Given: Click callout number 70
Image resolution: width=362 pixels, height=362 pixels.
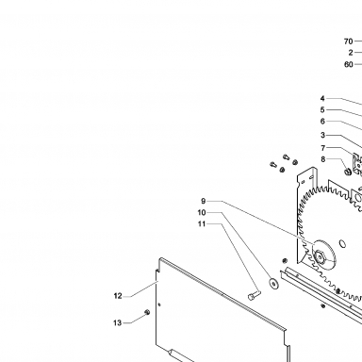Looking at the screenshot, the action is (348, 41).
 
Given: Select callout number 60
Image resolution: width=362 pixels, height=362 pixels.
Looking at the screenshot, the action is (348, 64).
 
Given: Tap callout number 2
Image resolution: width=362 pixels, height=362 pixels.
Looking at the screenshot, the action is (351, 53).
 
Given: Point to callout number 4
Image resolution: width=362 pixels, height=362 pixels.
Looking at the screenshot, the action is (322, 98).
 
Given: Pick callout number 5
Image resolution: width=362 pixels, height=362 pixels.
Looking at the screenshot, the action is (322, 109).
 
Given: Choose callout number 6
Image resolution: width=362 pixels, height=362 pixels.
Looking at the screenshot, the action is (322, 121).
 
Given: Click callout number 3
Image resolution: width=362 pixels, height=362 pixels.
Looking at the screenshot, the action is (322, 135).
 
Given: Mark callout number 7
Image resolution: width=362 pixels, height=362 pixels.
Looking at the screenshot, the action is (323, 148).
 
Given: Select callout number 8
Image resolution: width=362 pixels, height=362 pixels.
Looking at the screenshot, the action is (323, 159).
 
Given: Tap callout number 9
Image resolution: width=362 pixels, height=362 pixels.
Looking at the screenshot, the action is (204, 201).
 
